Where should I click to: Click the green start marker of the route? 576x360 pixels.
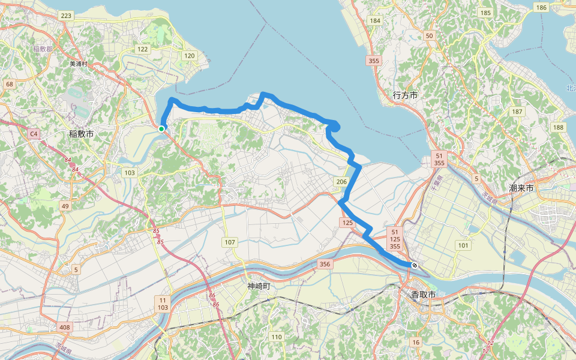(x=161, y=128)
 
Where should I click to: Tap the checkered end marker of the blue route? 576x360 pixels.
(x=414, y=265)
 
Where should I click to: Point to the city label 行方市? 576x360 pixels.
(x=405, y=95)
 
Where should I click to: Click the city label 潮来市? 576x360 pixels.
(x=521, y=188)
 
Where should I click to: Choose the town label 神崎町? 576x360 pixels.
(x=259, y=286)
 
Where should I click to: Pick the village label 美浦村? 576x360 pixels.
(x=79, y=64)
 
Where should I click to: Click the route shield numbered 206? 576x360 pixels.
(x=341, y=182)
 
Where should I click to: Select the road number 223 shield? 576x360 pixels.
(x=66, y=16)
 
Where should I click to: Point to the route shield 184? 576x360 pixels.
(x=376, y=21)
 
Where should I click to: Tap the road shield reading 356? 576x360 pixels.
(x=325, y=264)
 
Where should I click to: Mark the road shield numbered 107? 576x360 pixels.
(x=230, y=242)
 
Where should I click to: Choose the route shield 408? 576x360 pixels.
(x=65, y=328)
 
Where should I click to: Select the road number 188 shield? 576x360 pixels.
(x=559, y=127)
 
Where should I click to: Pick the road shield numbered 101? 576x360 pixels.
(x=463, y=245)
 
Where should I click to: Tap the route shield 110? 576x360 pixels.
(x=276, y=337)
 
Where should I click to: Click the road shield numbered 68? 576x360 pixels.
(x=10, y=84)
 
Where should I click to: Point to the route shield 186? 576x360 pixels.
(x=541, y=7)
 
